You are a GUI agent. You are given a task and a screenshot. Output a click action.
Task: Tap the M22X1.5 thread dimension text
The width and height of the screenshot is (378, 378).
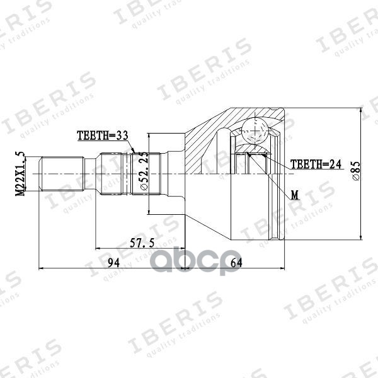[x=20, y=174]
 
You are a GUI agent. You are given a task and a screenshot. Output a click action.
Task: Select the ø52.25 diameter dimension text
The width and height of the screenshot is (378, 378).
[x=144, y=172]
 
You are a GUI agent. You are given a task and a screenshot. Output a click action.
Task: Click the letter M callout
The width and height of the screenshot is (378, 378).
[x=294, y=196]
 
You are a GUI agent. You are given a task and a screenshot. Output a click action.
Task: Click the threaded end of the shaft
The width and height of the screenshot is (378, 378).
[x=62, y=174]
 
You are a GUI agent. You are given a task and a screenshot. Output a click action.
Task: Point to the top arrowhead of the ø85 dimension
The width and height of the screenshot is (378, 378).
[x=360, y=108]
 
